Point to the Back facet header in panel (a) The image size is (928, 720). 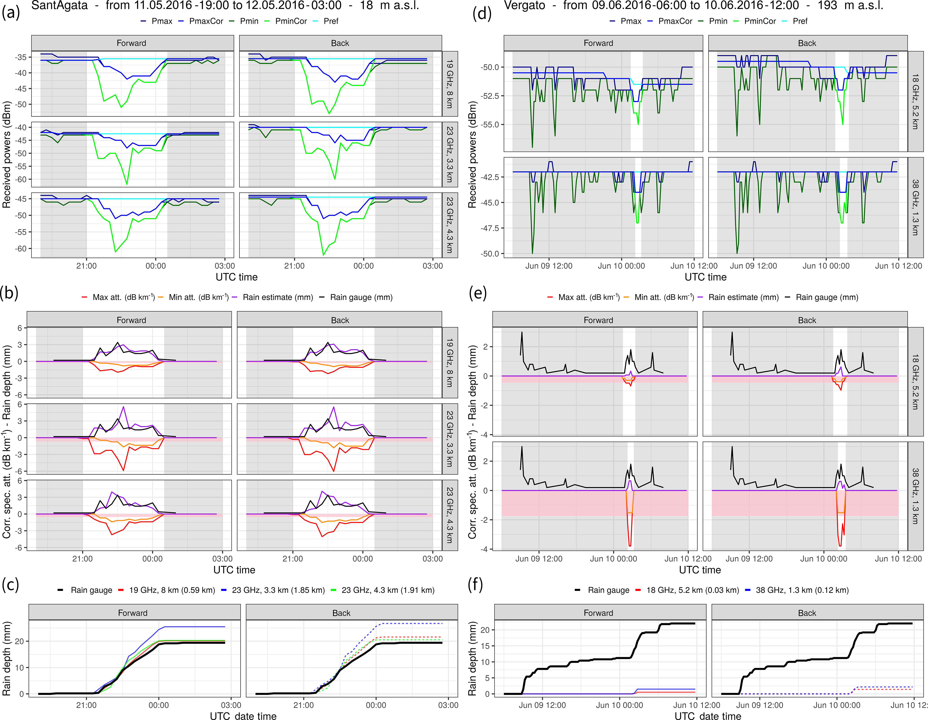[x=340, y=43]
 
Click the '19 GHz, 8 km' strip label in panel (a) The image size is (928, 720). [x=450, y=84]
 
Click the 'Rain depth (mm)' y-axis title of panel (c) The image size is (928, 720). [x=6, y=658]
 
